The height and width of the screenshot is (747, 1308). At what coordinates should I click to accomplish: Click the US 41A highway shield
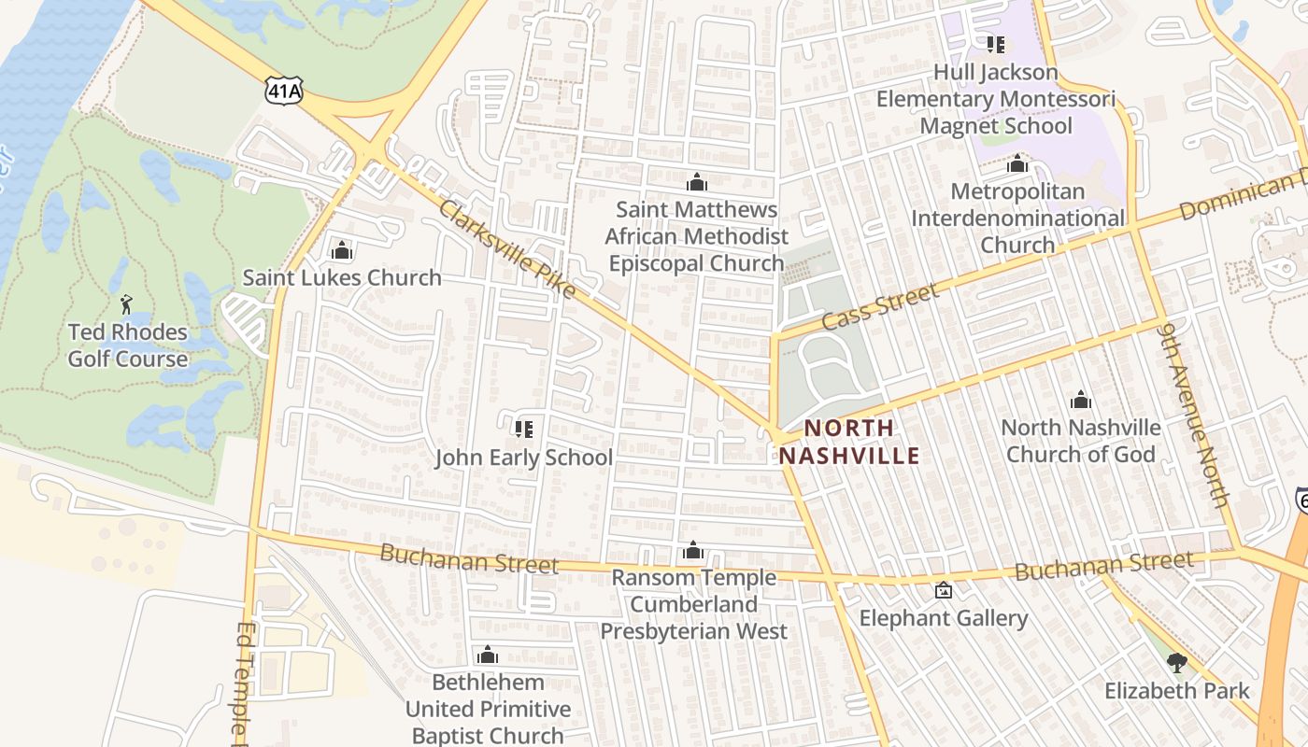(x=284, y=91)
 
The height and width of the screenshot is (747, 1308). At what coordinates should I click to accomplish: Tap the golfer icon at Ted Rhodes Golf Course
(x=126, y=303)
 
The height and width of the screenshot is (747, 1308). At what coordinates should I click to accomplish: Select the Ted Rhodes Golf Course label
(x=128, y=345)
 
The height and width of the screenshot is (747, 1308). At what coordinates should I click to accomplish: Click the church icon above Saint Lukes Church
(x=341, y=250)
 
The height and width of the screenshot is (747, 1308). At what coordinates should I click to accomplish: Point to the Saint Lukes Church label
(x=342, y=277)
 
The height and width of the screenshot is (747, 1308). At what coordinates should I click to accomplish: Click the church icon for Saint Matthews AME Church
(x=696, y=182)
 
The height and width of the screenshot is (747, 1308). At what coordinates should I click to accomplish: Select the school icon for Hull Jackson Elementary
(x=995, y=45)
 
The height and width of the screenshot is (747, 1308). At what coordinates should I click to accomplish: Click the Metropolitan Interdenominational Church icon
(x=1017, y=165)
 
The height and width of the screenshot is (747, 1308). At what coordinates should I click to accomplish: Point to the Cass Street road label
(x=880, y=307)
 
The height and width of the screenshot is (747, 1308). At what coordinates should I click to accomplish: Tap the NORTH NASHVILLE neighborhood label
(x=849, y=442)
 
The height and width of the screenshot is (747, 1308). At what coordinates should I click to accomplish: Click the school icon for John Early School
(x=523, y=429)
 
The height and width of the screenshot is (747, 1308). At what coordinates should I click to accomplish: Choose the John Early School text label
(x=524, y=458)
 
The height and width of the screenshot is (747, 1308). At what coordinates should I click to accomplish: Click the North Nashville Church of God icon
(x=1081, y=401)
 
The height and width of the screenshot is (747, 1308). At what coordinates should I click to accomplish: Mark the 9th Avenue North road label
(x=1193, y=415)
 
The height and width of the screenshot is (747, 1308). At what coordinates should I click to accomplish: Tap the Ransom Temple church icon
(x=692, y=551)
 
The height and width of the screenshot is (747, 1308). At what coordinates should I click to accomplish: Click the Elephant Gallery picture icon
(x=944, y=590)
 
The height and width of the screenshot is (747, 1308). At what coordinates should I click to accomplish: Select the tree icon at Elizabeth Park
(x=1176, y=663)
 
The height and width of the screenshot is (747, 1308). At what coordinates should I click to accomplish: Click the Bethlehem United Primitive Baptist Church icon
(x=487, y=655)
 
